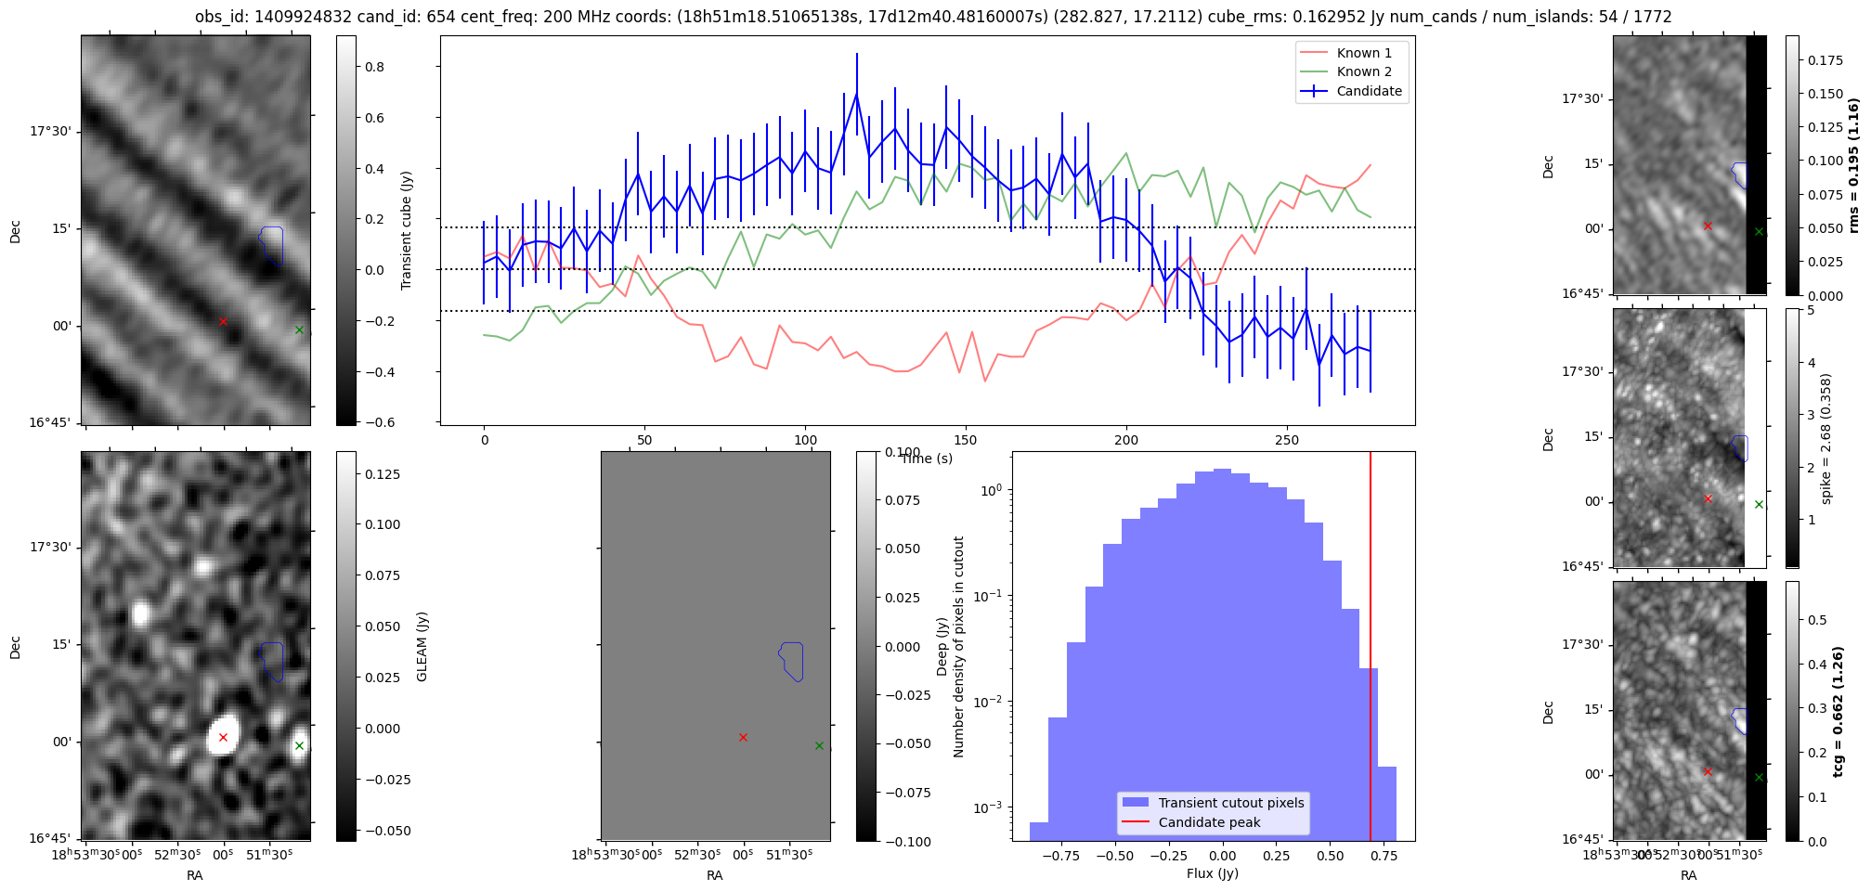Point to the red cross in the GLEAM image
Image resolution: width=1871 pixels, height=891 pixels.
[x=223, y=738]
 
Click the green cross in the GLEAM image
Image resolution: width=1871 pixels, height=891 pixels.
[x=299, y=745]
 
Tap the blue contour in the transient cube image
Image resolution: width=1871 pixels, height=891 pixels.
[x=271, y=244]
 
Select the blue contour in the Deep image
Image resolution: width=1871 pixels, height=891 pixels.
[x=791, y=660]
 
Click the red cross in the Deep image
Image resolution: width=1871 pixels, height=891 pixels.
[x=743, y=738]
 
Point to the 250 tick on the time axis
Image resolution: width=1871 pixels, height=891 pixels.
[x=1287, y=440]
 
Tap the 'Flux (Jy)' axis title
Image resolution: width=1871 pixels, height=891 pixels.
[x=1213, y=873]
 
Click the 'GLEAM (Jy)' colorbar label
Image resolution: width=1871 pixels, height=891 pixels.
[x=422, y=647]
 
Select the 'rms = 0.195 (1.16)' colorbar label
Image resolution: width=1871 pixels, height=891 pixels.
[x=1854, y=165]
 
